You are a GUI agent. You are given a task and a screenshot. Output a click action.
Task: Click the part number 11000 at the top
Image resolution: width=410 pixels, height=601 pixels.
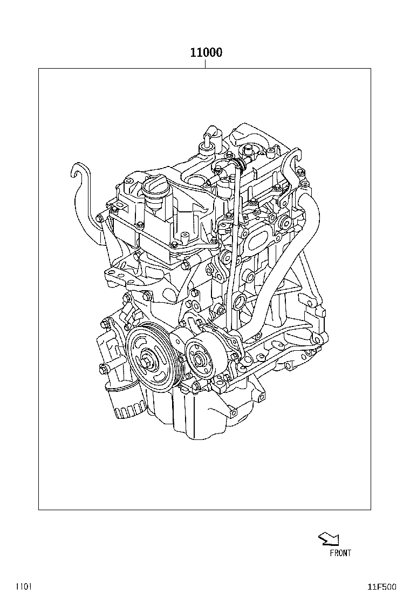coord(206,52)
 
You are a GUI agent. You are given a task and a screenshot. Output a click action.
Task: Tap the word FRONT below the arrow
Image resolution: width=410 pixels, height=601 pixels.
coord(340,553)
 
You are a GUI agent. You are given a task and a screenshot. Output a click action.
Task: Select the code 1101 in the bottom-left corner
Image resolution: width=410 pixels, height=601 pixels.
coord(23,586)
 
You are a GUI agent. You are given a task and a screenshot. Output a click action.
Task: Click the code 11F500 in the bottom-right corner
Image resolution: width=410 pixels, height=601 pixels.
coord(382,587)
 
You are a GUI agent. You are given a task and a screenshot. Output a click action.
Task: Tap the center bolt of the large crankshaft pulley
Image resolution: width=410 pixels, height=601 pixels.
coord(148,362)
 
